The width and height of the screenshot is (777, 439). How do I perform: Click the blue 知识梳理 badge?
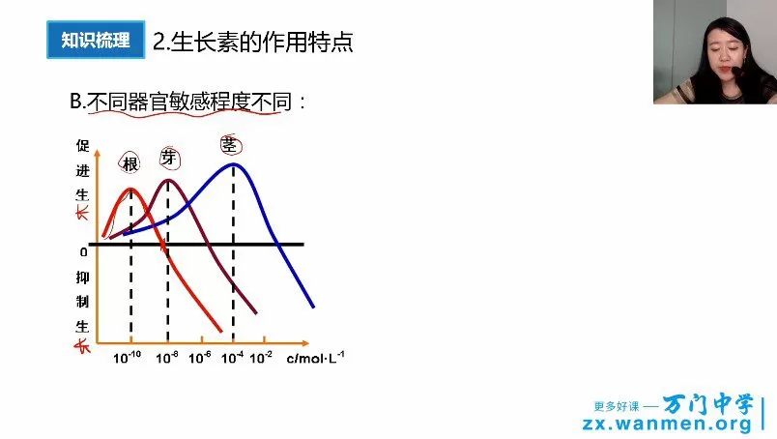pos(95,41)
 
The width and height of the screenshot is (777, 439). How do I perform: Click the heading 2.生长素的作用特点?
pos(253,42)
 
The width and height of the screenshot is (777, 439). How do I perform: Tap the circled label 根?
pos(131,162)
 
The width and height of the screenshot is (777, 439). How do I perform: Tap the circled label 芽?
pos(170,159)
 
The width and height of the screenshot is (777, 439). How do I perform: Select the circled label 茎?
pos(230,145)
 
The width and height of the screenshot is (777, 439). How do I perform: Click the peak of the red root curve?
pos(131,189)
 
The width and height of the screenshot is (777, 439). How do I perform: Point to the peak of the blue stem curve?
pos(233,163)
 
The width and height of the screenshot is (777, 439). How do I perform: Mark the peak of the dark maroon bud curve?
pos(168,180)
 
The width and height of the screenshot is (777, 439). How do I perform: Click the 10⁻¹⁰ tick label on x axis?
pos(128,358)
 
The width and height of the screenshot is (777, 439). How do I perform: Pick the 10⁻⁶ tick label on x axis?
pos(199,358)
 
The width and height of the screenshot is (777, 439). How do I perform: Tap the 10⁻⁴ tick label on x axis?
pos(233,358)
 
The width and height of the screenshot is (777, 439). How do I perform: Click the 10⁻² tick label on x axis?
pos(261,358)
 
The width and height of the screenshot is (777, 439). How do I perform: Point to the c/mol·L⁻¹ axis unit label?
pos(316,358)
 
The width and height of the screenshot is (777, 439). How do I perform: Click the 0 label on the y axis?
pos(83,252)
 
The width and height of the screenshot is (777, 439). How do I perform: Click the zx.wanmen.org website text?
pos(666,424)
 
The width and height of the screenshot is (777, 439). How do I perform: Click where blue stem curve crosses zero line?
pos(277,244)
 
